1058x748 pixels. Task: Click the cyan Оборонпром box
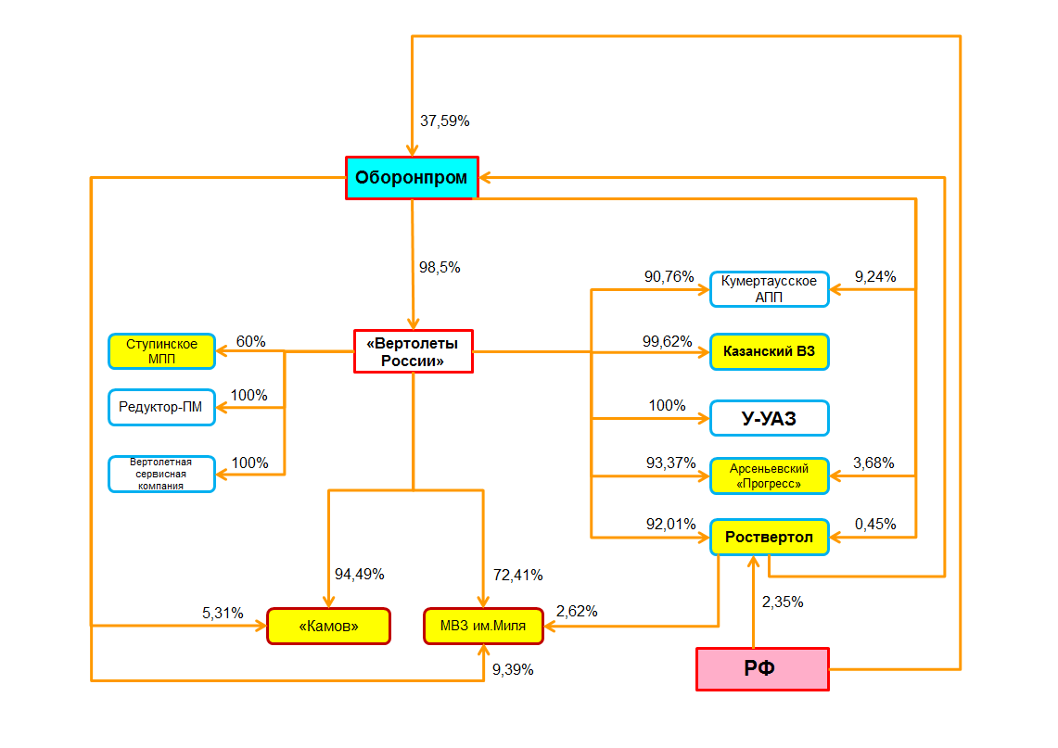click(x=412, y=177)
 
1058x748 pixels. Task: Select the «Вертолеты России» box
click(x=413, y=351)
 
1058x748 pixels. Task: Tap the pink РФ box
click(x=761, y=669)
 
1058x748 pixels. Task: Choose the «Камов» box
click(x=328, y=626)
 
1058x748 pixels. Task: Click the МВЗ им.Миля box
click(x=483, y=626)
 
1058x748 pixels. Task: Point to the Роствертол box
click(x=769, y=538)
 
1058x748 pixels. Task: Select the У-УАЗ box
click(x=769, y=419)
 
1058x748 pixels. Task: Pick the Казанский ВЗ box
click(x=769, y=352)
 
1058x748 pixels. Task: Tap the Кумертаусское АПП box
click(x=769, y=288)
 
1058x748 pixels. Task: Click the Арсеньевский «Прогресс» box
click(x=769, y=476)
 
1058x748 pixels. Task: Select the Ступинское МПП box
click(x=161, y=351)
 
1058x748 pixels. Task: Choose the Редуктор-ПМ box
click(x=161, y=407)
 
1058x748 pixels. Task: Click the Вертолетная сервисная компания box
click(x=161, y=474)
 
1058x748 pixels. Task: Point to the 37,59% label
click(x=445, y=120)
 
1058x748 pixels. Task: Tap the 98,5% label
click(x=440, y=267)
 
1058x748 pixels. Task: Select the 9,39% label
click(x=513, y=669)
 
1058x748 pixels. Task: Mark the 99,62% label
click(x=668, y=341)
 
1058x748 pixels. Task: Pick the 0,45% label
click(x=875, y=524)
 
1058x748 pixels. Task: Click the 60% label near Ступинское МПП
click(x=251, y=341)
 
